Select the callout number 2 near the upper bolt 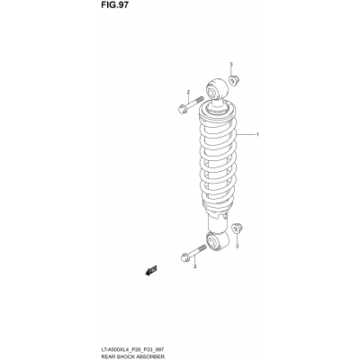pyautogui.click(x=188, y=93)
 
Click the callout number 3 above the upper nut pyautogui.click(x=231, y=65)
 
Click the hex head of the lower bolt pyautogui.click(x=186, y=258)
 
